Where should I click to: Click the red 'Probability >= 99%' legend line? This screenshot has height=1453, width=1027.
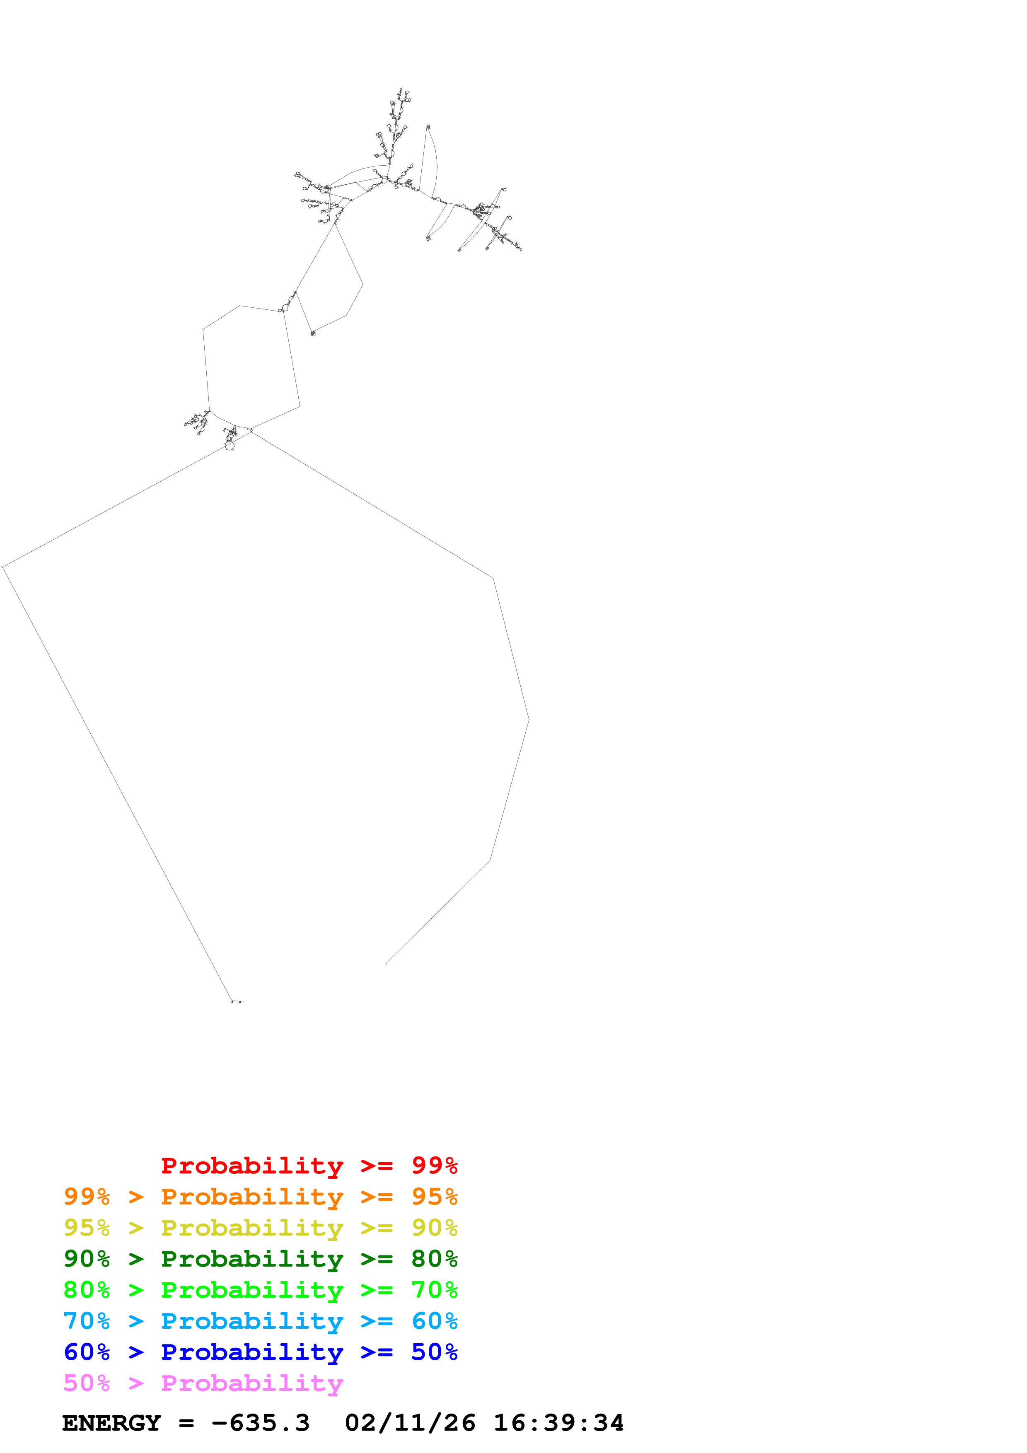tap(309, 1166)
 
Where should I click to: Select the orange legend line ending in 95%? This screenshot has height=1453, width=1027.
tap(260, 1197)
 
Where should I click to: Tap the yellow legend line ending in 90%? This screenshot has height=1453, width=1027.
tap(260, 1228)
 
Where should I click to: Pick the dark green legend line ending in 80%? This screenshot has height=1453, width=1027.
tap(260, 1259)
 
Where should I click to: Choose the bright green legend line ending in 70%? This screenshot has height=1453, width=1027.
tap(260, 1290)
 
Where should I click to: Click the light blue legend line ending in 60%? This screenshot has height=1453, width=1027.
tap(260, 1321)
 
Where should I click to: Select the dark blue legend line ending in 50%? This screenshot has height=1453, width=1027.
tap(260, 1352)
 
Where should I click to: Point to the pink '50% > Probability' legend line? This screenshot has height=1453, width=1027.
tap(203, 1383)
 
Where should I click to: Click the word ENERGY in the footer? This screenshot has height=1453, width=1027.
tap(111, 1423)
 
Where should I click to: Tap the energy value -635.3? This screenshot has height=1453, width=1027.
tap(261, 1423)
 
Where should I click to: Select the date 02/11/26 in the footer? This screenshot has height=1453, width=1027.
tap(410, 1423)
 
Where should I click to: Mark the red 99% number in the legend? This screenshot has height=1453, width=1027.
tap(434, 1166)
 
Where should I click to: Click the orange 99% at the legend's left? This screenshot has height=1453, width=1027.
tap(87, 1197)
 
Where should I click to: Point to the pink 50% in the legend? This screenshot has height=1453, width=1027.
tap(87, 1383)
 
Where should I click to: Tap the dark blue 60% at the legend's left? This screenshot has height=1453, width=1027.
tap(87, 1352)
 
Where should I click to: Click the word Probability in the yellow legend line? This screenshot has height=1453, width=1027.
tap(252, 1228)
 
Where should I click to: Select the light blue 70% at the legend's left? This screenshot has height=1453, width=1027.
tap(87, 1321)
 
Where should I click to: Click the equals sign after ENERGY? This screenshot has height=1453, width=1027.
tap(186, 1423)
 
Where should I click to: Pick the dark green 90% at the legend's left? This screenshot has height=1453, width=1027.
tap(87, 1259)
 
